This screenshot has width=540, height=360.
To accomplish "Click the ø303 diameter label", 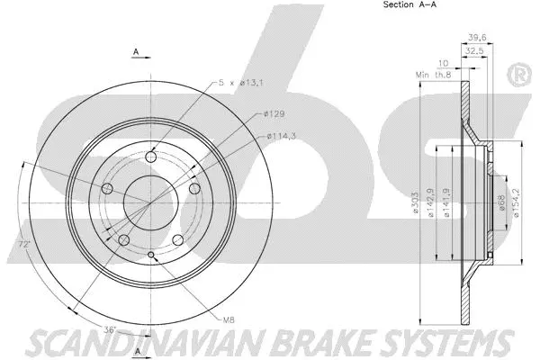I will click(x=416, y=206).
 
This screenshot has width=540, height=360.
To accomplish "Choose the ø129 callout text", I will click(x=274, y=113).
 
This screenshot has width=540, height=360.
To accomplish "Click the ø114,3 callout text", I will click(x=283, y=136).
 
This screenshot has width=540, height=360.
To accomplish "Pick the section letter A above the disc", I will click(x=135, y=52).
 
